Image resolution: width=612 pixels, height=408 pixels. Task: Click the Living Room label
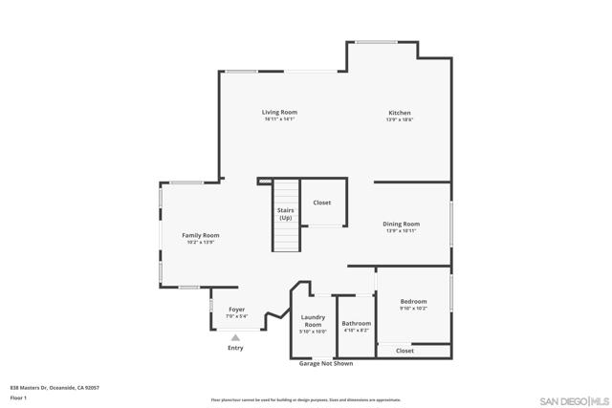[279, 112]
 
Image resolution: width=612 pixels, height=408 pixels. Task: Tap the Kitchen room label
[399, 112]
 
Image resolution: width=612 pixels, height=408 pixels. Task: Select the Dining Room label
[403, 224]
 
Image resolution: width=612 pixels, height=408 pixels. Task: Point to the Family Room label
[201, 235]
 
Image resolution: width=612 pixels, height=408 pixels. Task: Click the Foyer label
[236, 310]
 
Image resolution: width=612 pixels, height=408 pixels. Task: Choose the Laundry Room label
[313, 321]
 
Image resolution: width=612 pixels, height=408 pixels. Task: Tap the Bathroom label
[356, 324]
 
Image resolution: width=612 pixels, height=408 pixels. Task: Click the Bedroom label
[413, 302]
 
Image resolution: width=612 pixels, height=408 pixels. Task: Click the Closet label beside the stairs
[322, 203]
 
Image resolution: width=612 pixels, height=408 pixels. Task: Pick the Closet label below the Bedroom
[404, 351]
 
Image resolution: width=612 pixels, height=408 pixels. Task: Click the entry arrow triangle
[235, 337]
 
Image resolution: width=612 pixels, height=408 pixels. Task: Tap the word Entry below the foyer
[235, 348]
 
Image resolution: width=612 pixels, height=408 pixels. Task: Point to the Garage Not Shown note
[326, 363]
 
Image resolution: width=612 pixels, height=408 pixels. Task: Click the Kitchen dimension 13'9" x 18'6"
[399, 119]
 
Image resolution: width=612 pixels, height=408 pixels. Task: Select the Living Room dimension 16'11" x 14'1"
[279, 119]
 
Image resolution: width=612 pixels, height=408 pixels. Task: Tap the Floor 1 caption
[18, 397]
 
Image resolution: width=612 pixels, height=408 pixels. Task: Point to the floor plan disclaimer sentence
[305, 399]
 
